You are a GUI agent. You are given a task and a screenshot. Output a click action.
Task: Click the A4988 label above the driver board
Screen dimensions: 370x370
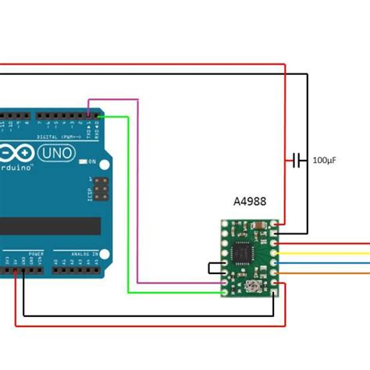[x=249, y=201]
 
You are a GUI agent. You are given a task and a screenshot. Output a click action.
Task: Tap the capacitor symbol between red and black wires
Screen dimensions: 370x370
[x=296, y=160]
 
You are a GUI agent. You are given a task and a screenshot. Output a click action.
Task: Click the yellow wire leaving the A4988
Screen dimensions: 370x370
[x=328, y=253]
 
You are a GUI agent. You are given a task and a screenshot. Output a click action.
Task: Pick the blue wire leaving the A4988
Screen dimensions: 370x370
[x=328, y=263]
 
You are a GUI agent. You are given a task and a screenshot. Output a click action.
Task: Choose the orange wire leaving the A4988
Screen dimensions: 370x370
[x=328, y=273]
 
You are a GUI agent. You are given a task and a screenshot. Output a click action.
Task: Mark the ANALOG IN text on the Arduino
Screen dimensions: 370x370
[x=83, y=254]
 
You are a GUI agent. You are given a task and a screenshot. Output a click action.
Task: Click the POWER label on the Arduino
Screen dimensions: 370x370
[x=36, y=254]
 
